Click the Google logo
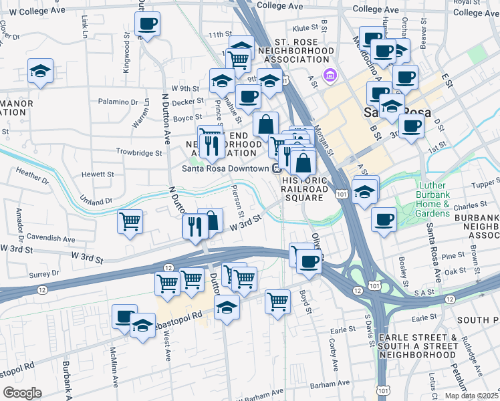tap(22, 393)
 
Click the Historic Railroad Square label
tap(305, 189)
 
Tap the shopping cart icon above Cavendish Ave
tap(130, 222)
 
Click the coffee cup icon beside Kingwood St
tap(147, 25)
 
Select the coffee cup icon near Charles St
tap(384, 219)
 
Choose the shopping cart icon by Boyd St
tap(277, 301)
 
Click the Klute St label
tap(304, 28)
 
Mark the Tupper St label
tap(486, 184)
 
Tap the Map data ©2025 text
tap(472, 396)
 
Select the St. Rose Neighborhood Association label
tap(295, 50)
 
